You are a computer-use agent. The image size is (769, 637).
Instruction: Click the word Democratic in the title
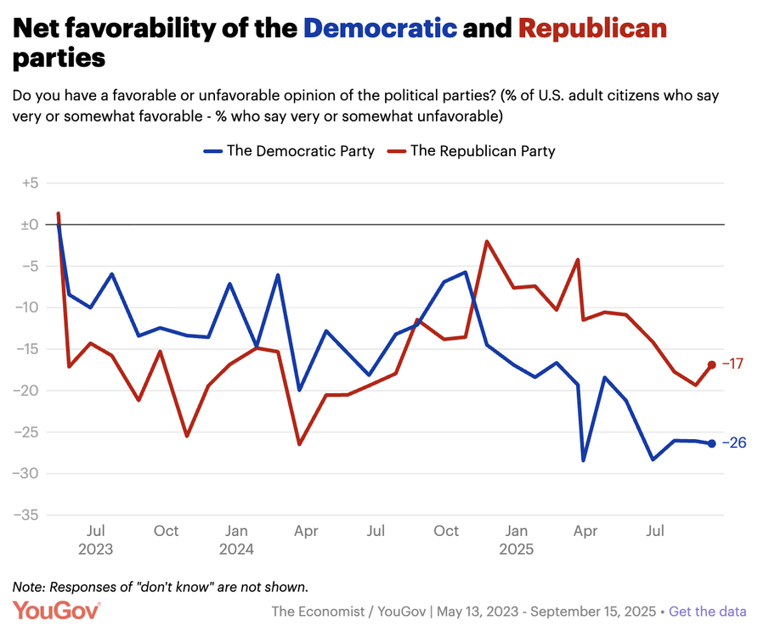(380, 28)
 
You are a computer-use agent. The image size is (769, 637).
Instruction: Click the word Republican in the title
(592, 28)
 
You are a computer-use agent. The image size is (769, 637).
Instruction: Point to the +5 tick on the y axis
(30, 183)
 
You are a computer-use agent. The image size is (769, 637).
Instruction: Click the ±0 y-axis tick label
(30, 224)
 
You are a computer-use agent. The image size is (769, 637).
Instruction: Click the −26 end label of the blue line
(733, 443)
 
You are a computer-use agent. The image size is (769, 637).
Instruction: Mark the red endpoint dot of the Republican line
(711, 365)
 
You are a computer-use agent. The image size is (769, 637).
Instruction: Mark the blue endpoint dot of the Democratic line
(711, 443)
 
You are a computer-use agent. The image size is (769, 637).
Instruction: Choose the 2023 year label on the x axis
(95, 550)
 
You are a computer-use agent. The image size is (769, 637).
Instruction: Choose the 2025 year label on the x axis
(516, 550)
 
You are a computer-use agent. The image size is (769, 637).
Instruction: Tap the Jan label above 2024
(236, 531)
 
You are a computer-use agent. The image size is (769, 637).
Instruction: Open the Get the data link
(708, 612)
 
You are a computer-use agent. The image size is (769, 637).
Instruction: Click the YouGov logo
(57, 611)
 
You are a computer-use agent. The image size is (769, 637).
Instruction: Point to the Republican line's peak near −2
(487, 241)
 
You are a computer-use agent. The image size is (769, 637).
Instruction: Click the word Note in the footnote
(29, 587)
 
